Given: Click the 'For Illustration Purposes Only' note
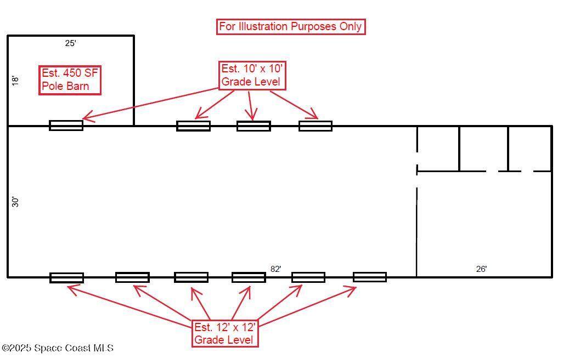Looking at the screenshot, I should [x=291, y=26].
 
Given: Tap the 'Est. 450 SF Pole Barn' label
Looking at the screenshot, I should [x=70, y=80].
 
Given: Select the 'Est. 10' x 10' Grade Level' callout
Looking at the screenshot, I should [x=252, y=76].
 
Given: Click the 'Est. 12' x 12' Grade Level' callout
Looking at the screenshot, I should [x=225, y=333].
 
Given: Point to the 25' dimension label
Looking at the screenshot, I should [x=70, y=43].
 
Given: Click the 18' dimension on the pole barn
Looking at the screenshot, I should [x=15, y=80].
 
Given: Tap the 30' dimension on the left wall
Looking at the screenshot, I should [x=15, y=202].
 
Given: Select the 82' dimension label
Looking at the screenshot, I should [x=275, y=269].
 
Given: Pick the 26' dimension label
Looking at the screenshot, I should [x=481, y=269].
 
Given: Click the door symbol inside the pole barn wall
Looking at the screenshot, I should [x=66, y=126].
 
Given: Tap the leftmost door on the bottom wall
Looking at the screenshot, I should [x=67, y=278].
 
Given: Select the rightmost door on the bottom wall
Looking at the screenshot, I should [x=369, y=277].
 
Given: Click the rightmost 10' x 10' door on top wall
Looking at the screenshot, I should [x=316, y=126].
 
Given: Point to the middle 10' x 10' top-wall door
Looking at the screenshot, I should [x=253, y=126].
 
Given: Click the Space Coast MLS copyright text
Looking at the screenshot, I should [x=58, y=348].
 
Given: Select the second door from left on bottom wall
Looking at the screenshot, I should [x=132, y=277].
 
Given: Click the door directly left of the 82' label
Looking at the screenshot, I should [x=249, y=277].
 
